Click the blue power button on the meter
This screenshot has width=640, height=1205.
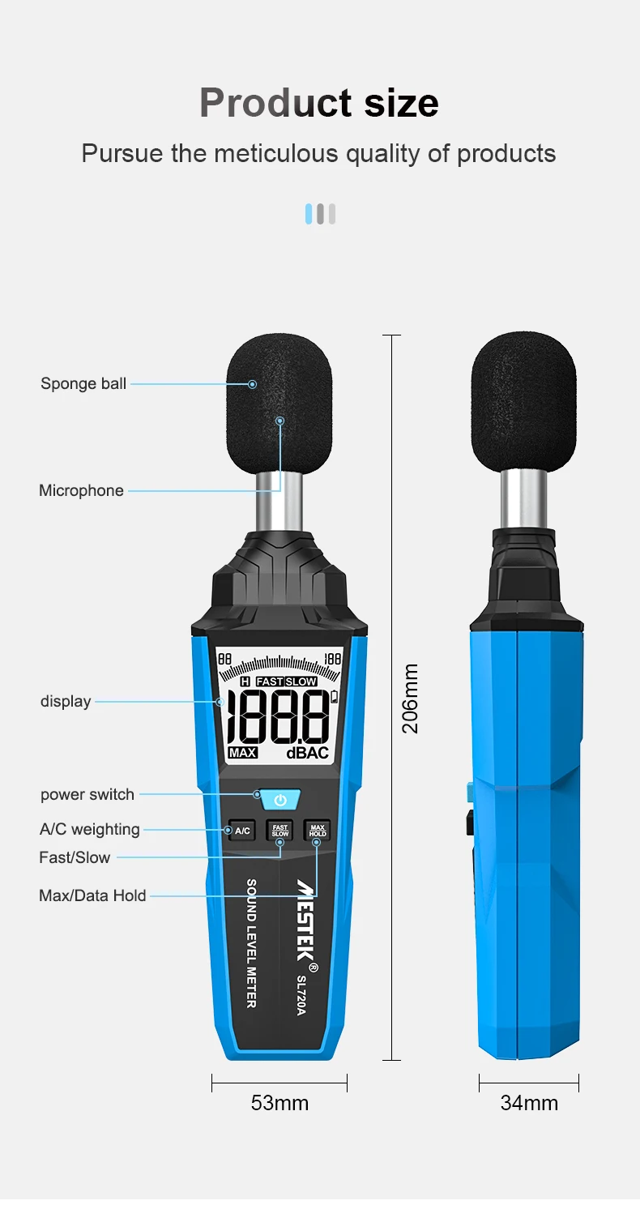click(280, 800)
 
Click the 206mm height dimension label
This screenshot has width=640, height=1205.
click(411, 699)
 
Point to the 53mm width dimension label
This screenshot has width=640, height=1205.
click(279, 1103)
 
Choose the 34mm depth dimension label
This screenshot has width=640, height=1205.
click(529, 1103)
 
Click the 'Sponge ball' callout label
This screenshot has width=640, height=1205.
click(83, 383)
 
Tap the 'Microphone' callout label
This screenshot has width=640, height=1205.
click(81, 490)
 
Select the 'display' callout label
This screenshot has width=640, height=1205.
click(66, 701)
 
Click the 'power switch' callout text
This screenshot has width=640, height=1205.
click(87, 794)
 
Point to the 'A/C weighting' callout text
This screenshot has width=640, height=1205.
click(89, 829)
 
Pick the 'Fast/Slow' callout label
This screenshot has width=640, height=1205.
click(75, 857)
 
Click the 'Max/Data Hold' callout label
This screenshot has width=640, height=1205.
click(92, 895)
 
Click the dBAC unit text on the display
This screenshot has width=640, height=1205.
click(307, 753)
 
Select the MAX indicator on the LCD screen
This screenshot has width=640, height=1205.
click(242, 753)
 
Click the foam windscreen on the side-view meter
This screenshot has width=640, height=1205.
click(523, 400)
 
